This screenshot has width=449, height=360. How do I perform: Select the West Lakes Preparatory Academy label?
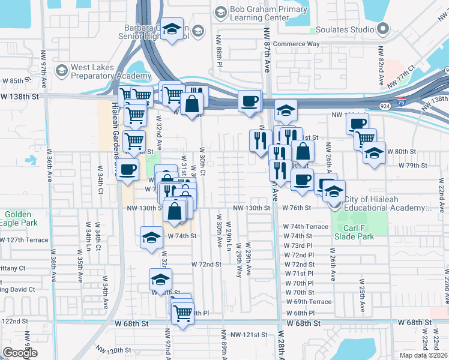click(110, 72)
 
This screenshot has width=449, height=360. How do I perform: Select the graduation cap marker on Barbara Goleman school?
click(172, 30)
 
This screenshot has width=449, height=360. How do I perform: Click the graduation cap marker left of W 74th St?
click(151, 238)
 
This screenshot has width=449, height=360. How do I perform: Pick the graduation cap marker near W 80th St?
click(374, 152)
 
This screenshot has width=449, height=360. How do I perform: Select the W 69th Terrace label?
click(309, 302)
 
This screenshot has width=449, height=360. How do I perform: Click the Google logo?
click(21, 353)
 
